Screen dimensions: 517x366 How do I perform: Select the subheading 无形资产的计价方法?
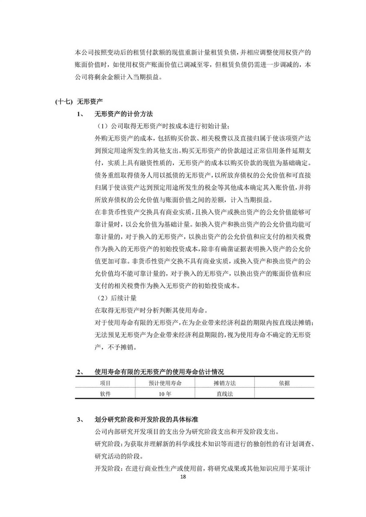coord(124,114)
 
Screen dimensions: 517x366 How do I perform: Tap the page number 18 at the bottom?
coord(183,477)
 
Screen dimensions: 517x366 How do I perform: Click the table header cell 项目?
coord(105,383)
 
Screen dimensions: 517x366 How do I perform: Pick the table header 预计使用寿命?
coord(165,383)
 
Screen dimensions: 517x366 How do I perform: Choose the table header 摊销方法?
coord(225,383)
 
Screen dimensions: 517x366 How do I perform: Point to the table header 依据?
coord(284,383)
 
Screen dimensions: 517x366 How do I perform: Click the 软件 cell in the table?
coord(105,394)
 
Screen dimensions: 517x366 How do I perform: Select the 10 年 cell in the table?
coord(165,394)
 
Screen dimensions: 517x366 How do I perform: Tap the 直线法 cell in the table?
coord(225,394)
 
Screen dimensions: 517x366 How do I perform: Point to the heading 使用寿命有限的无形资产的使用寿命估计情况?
coord(159,372)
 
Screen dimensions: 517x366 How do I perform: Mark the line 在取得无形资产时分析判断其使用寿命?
coord(152,310)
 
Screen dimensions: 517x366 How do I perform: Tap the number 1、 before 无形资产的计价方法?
coord(80,114)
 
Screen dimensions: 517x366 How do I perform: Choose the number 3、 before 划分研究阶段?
coord(80,420)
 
